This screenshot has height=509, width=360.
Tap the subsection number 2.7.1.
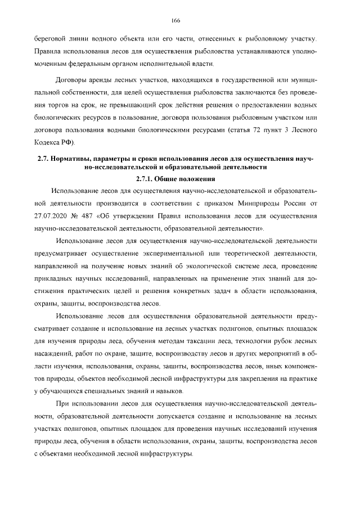[x=146, y=179]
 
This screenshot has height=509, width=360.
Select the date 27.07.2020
[x=52, y=217]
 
